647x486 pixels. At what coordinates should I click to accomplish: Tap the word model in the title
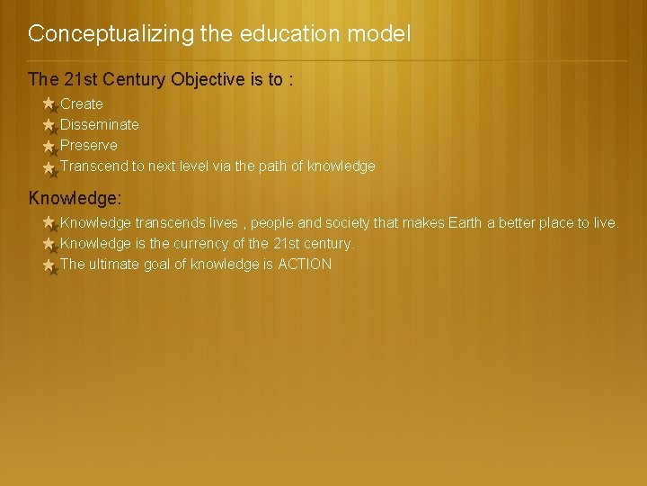point(381,35)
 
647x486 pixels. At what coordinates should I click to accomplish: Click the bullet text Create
point(82,104)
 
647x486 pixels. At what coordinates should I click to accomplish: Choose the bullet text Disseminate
point(100,125)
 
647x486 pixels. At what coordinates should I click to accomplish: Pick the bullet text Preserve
point(89,146)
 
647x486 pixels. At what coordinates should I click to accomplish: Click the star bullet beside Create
point(49,104)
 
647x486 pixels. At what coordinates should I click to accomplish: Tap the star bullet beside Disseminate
point(49,125)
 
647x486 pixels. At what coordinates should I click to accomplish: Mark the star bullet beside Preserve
point(49,146)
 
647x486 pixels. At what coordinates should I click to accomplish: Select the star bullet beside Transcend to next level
point(49,166)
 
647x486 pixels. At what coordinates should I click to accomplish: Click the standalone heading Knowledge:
point(75,197)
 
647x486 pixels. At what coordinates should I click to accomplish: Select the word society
point(358,223)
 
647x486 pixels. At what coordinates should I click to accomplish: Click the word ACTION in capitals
point(305,265)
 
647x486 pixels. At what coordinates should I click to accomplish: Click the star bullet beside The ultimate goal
point(49,265)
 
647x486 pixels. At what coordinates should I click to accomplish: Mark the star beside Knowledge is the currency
point(49,244)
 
